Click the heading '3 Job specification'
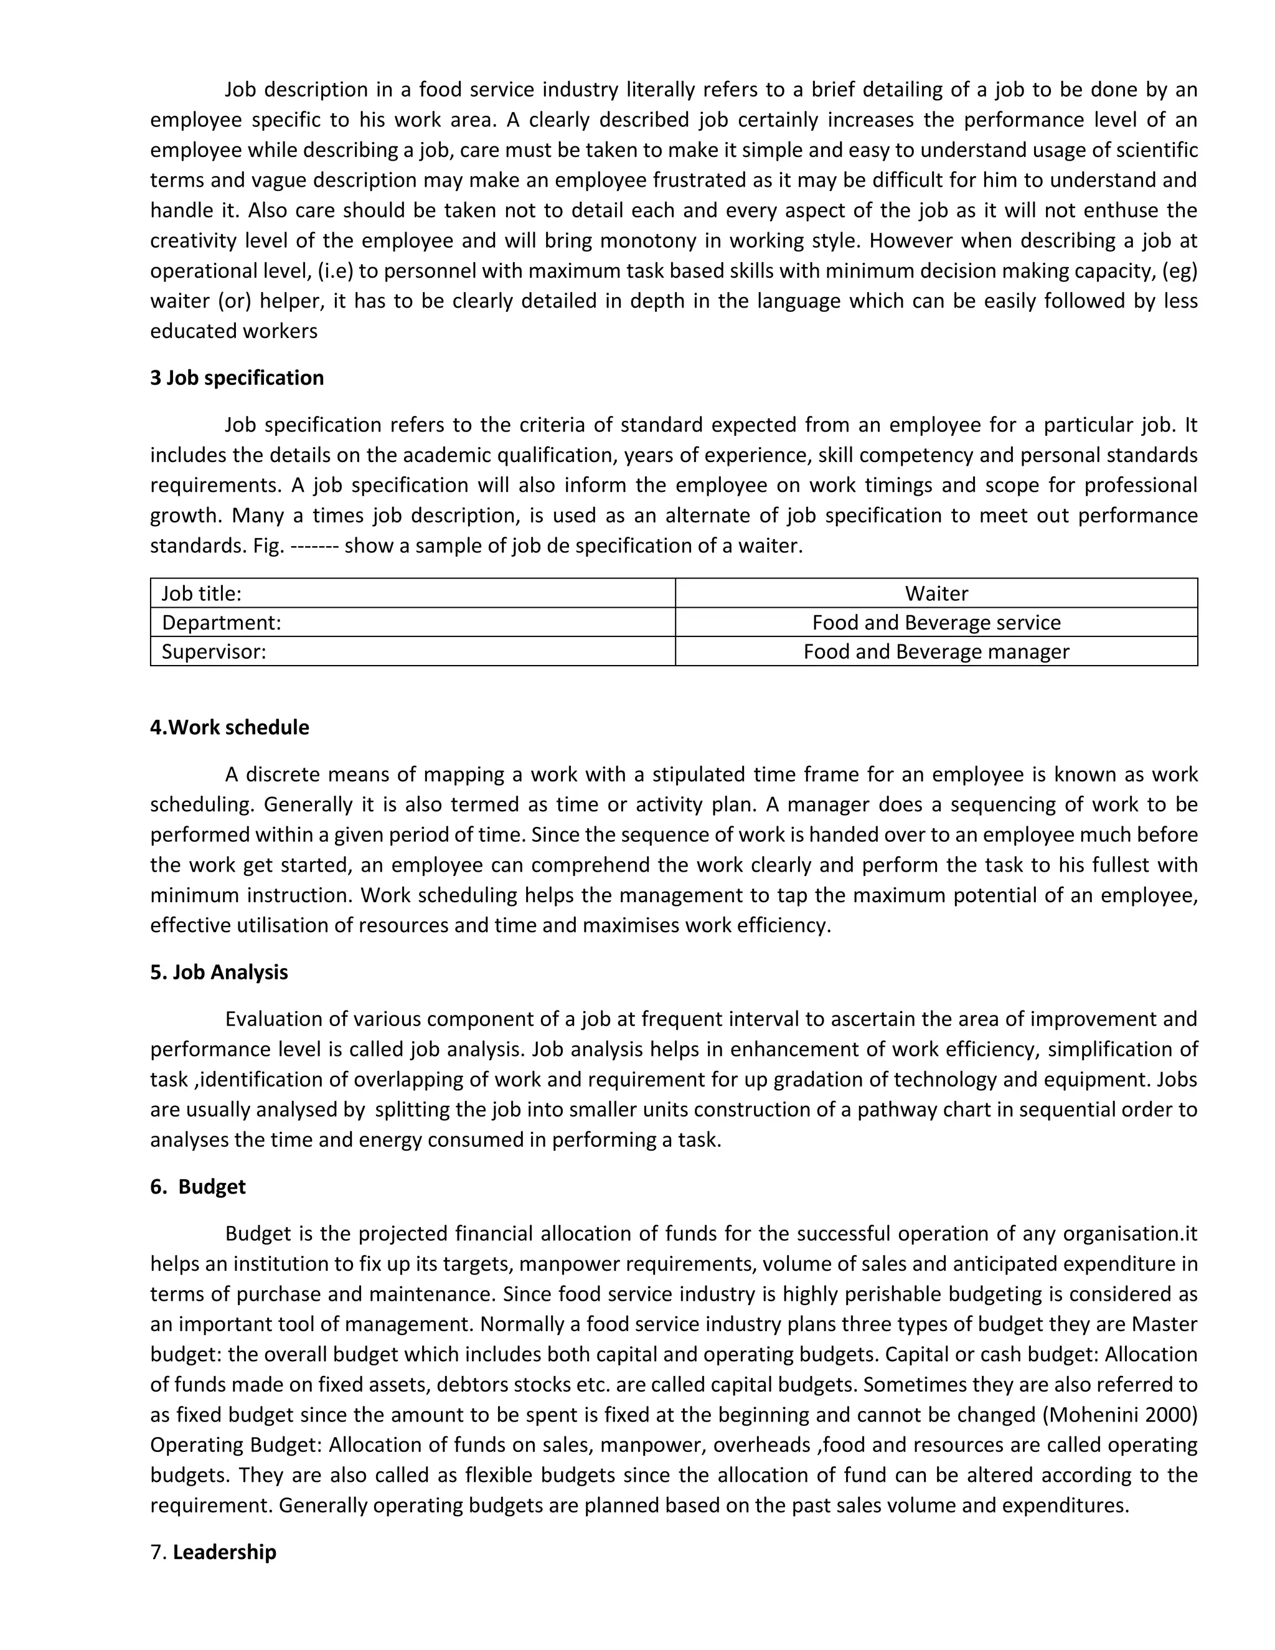[x=237, y=378]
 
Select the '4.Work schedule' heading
[x=230, y=727]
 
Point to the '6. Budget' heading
[x=198, y=1186]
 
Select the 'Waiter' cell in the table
[x=936, y=593]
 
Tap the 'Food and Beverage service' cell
[x=936, y=623]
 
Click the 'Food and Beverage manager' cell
[x=936, y=651]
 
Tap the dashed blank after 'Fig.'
[x=314, y=545]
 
